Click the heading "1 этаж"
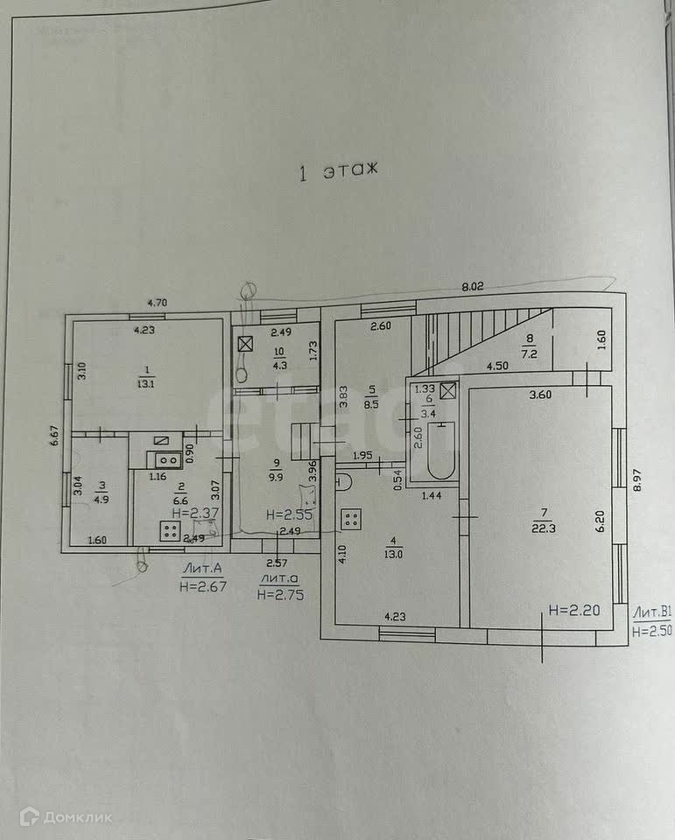click(x=338, y=172)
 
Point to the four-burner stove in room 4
click(x=352, y=518)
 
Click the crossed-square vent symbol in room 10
click(x=245, y=344)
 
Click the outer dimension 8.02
click(x=473, y=285)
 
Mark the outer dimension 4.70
click(x=157, y=304)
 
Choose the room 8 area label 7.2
click(x=529, y=353)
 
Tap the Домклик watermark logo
click(x=67, y=817)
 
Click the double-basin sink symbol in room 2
click(x=164, y=458)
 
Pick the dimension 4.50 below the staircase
click(x=497, y=367)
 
